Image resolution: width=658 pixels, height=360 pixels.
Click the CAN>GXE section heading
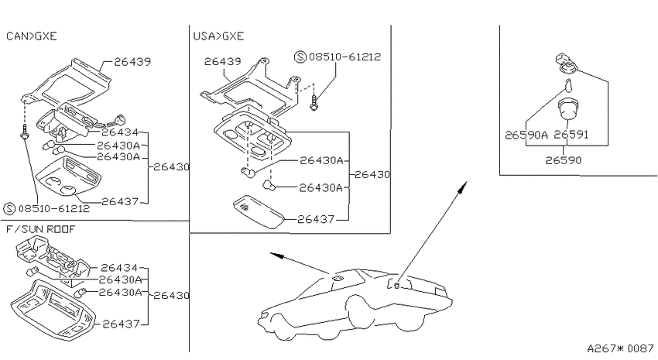[32, 36]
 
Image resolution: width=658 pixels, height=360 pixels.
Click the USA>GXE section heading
[218, 36]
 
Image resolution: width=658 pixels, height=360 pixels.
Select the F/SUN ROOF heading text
[41, 229]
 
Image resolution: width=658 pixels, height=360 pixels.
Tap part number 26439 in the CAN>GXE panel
[132, 62]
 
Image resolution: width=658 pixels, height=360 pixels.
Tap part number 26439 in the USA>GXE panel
[222, 62]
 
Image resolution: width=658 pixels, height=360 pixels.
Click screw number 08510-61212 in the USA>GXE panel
[344, 57]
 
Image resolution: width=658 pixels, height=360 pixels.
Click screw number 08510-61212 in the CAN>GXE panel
[53, 208]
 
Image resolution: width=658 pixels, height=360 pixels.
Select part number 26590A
[526, 135]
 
